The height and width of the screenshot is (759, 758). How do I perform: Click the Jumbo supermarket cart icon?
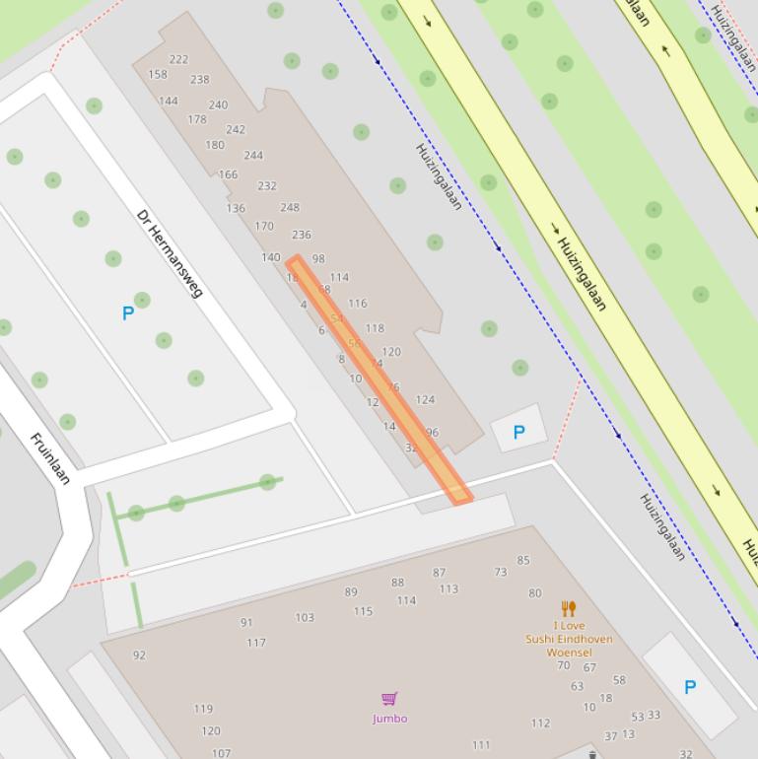click(x=389, y=700)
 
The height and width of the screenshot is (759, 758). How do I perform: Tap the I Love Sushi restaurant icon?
click(x=568, y=608)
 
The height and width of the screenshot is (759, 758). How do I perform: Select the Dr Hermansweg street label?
click(x=170, y=253)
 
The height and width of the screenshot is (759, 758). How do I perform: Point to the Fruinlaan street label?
click(x=50, y=458)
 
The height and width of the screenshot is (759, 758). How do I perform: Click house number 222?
click(x=178, y=59)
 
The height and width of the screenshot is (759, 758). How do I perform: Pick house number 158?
click(x=158, y=74)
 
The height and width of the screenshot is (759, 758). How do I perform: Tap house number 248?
click(x=290, y=207)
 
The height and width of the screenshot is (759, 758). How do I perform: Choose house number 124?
click(x=425, y=399)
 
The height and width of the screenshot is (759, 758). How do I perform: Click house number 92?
click(x=139, y=655)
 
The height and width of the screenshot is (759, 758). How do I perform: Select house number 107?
click(x=221, y=753)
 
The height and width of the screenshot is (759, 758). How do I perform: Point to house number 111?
click(x=481, y=745)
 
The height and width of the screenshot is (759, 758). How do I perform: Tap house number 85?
click(x=523, y=560)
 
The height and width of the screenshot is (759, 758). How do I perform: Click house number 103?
click(x=305, y=617)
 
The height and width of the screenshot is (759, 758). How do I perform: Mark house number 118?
click(x=375, y=328)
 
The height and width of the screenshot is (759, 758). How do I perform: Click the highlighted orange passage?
click(x=379, y=379)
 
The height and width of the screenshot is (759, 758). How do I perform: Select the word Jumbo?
click(x=389, y=719)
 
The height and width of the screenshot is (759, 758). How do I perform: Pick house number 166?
click(x=228, y=174)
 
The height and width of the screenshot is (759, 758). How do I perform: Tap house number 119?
click(x=203, y=708)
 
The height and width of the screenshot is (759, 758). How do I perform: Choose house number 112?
click(x=540, y=723)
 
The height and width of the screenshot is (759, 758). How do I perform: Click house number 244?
click(x=253, y=155)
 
